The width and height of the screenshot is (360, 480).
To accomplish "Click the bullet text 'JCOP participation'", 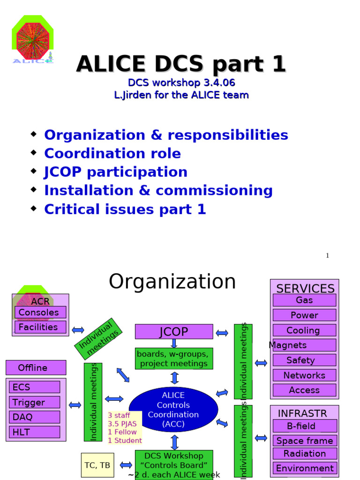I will [x=115, y=172].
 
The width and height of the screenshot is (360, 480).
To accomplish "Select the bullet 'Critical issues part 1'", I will [x=125, y=210].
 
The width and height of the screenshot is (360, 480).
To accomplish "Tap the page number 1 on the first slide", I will [x=327, y=255].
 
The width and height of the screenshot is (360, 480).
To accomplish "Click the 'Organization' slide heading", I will [x=172, y=282].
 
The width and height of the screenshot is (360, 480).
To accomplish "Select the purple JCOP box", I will [x=173, y=332].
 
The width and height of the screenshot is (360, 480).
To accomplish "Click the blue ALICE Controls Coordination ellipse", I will [x=173, y=410].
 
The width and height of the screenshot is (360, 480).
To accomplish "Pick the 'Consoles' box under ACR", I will [x=40, y=312].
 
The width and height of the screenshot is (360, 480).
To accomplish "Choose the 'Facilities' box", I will [x=40, y=327].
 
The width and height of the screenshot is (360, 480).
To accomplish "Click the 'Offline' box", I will [x=36, y=368].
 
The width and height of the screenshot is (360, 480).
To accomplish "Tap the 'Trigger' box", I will [x=34, y=402].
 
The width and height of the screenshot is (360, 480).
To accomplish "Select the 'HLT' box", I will [x=34, y=432].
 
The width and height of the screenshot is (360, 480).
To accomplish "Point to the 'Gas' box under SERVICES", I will [x=304, y=300].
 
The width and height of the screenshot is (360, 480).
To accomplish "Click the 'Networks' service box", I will [x=304, y=375].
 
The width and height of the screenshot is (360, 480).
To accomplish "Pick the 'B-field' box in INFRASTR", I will [x=304, y=426].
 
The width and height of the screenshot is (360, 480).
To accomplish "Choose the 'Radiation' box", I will [x=304, y=453].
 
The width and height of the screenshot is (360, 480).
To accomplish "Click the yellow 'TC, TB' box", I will [x=97, y=465].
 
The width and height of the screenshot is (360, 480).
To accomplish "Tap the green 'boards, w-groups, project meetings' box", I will [x=173, y=359].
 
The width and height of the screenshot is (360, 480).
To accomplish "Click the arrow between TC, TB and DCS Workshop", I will [x=126, y=465].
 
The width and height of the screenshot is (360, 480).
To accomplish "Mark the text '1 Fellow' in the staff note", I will [x=122, y=432].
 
